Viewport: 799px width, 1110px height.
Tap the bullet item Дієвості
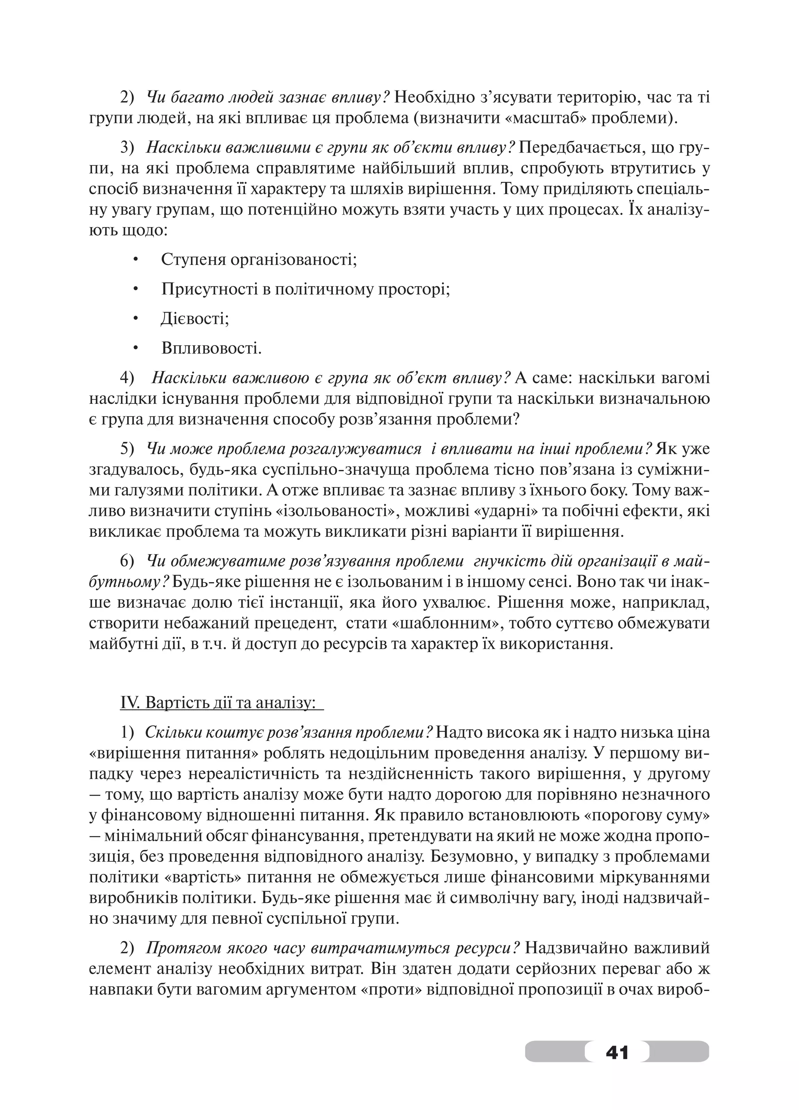tap(195, 319)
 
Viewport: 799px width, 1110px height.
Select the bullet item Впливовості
tap(211, 349)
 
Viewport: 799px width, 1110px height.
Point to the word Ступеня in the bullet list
tap(193, 259)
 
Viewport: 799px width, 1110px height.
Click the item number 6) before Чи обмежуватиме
tap(127, 562)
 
